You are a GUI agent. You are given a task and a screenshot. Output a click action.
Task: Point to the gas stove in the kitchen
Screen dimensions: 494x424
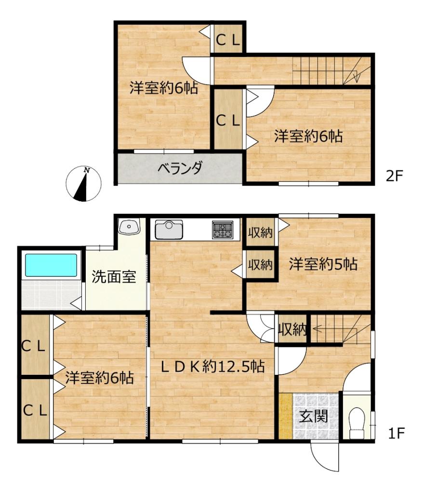click(x=222, y=229)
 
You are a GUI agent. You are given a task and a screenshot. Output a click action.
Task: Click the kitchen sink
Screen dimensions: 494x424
click(x=169, y=229)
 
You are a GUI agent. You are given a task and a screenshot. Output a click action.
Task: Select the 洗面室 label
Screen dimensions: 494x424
click(x=114, y=277)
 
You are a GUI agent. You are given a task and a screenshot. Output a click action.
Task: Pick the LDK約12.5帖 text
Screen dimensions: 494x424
click(x=212, y=367)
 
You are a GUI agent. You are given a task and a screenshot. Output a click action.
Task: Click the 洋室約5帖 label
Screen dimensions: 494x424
click(x=323, y=264)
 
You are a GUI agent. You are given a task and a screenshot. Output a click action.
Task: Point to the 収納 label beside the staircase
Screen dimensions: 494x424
click(x=292, y=330)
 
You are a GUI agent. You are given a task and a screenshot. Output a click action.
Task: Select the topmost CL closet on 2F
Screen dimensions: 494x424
click(x=228, y=41)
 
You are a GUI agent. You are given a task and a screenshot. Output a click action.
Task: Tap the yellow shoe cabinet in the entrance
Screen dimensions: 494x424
click(x=286, y=416)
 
